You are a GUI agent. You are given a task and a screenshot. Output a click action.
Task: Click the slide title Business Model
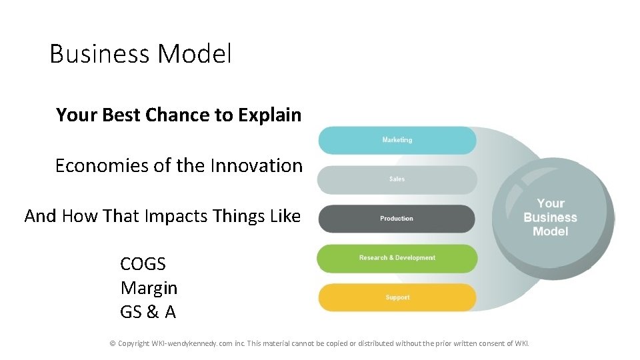click(x=141, y=54)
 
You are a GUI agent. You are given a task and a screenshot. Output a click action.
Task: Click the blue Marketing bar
click(x=397, y=140)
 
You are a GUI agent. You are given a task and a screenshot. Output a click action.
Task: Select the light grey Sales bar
click(x=397, y=179)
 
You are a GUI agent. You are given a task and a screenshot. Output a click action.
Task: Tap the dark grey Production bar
click(x=397, y=219)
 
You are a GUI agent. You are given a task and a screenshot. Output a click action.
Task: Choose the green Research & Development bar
click(x=397, y=258)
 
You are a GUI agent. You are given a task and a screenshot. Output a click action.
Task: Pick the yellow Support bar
click(x=397, y=297)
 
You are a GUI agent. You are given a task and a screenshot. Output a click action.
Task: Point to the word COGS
click(x=143, y=264)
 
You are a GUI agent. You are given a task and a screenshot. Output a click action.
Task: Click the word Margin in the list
click(x=149, y=288)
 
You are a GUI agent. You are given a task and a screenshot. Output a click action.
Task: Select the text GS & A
click(x=148, y=311)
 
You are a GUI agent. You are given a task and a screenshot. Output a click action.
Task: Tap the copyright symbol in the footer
click(x=113, y=343)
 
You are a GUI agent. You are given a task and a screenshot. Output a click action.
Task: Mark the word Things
click(x=237, y=216)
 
